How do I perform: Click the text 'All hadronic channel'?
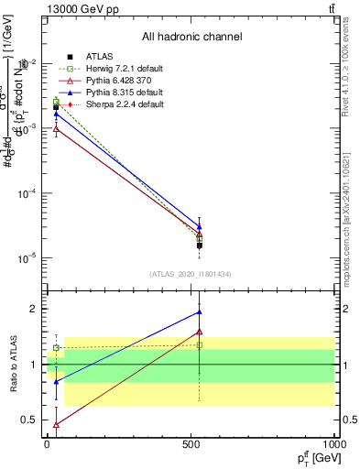coord(192,38)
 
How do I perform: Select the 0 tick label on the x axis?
coord(48,445)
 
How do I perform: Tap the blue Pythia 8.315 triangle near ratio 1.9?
coord(200,312)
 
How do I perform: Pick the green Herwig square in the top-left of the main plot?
coord(56,102)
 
